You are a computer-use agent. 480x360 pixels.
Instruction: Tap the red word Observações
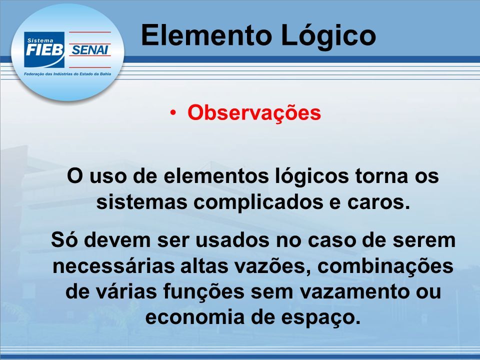(254, 113)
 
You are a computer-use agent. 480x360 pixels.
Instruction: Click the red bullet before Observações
(173, 112)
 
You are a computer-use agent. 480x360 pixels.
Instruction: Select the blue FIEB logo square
(44, 49)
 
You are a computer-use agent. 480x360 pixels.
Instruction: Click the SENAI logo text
(89, 49)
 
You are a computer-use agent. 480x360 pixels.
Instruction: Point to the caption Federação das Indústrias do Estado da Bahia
(67, 74)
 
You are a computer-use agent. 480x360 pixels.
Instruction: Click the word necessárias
(113, 265)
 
